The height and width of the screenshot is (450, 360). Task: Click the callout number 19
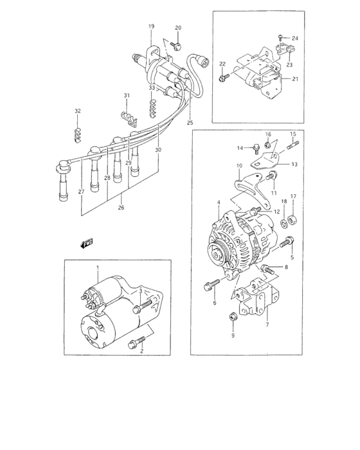tap(152, 26)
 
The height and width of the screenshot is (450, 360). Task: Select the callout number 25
tap(190, 122)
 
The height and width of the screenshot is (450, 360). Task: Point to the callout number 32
tap(77, 111)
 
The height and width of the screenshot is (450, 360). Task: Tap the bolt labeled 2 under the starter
tap(135, 345)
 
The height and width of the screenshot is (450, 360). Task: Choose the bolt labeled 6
tap(210, 283)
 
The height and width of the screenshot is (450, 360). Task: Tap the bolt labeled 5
tap(285, 242)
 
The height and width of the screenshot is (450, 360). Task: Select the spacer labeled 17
tap(292, 221)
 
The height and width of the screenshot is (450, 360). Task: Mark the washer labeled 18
tap(282, 224)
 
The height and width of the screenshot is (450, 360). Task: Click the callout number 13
tap(294, 164)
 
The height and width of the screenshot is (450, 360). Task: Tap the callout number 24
tap(296, 39)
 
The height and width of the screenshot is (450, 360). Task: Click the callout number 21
tap(296, 78)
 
